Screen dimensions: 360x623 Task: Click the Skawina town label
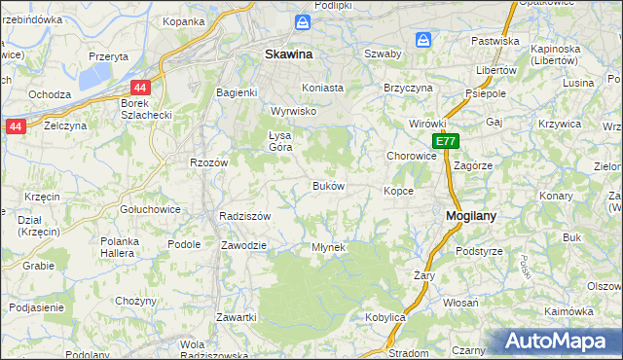288,55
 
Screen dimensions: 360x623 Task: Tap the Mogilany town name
472,218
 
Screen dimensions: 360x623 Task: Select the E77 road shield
445,142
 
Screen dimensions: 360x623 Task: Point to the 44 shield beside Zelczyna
15,126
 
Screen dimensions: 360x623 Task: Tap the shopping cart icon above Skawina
303,21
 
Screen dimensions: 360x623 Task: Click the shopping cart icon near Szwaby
422,40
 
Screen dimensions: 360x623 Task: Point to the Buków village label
327,186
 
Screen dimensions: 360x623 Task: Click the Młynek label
328,247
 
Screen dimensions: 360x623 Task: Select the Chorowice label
412,155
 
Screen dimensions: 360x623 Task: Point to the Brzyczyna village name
408,87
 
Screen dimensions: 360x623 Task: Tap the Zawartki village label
237,318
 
